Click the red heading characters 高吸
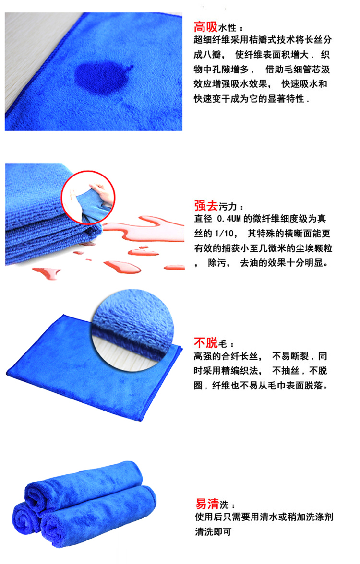(205, 27)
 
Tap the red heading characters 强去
(206, 205)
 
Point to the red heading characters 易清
(207, 503)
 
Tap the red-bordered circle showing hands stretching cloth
(88, 198)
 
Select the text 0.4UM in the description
(228, 219)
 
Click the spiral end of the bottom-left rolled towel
(24, 518)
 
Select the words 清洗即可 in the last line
(213, 531)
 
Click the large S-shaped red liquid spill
(144, 228)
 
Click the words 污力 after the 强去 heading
(228, 207)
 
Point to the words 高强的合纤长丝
(226, 356)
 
